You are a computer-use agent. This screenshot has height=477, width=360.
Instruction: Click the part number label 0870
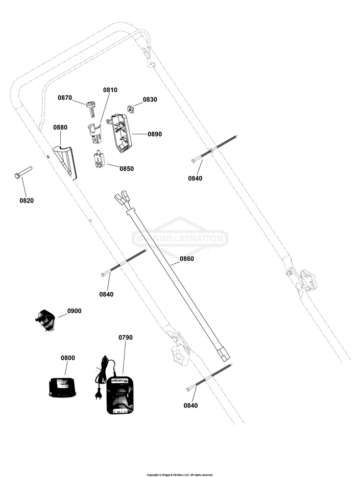click(65, 97)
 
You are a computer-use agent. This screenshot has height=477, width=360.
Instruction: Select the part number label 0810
click(110, 90)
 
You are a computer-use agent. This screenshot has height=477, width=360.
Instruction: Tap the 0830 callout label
click(150, 100)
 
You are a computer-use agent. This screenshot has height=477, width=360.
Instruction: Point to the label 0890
click(155, 134)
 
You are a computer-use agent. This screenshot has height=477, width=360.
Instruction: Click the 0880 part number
click(60, 128)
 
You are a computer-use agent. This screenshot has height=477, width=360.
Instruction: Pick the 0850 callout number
click(127, 168)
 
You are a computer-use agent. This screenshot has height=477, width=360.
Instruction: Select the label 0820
click(27, 200)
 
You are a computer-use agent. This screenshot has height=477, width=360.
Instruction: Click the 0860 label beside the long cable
click(187, 259)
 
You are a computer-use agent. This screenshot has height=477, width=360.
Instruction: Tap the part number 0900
click(74, 311)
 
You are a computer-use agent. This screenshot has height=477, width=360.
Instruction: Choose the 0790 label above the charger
click(126, 338)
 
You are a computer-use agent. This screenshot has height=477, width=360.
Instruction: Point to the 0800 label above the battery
click(68, 358)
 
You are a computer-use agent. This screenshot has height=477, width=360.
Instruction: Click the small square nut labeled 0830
click(131, 108)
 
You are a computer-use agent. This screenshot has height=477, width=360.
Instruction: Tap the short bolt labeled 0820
click(23, 172)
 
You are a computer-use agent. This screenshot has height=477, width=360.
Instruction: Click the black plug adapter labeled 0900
click(45, 320)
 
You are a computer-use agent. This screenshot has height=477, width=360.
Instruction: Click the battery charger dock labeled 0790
click(121, 395)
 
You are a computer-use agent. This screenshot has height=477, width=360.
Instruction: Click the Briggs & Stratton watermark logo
click(180, 238)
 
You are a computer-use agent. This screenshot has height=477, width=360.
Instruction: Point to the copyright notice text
click(180, 474)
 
